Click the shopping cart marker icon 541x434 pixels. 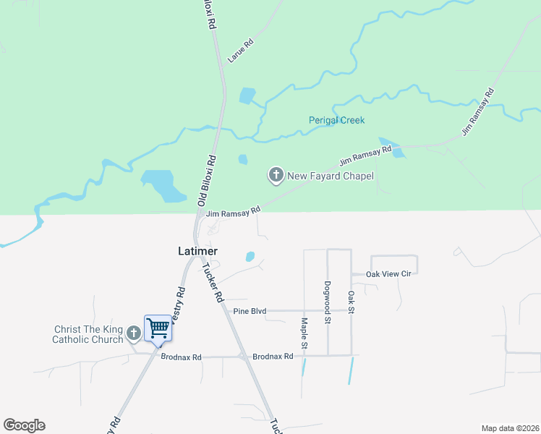point(158,328)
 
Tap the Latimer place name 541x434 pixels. point(197,251)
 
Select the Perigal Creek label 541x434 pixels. point(337,120)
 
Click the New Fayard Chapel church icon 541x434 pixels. point(276,174)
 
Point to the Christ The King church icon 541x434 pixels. point(133,333)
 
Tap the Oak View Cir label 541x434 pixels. point(393,274)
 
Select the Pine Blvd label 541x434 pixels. point(250,311)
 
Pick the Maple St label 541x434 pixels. point(304,333)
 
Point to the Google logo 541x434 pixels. point(24,425)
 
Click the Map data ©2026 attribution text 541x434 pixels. point(510,427)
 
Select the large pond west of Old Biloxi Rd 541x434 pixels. point(163,185)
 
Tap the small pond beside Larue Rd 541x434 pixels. point(247,95)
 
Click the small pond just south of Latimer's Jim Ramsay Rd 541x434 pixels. point(250,256)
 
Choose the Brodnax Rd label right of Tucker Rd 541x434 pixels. point(273,357)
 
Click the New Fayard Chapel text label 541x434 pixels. point(330,175)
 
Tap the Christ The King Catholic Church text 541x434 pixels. point(88,334)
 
